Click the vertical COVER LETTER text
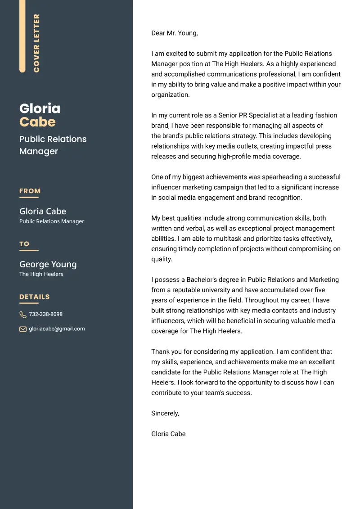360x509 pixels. coord(36,43)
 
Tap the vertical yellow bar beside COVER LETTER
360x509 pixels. coord(22,36)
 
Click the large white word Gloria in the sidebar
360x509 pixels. coord(40,108)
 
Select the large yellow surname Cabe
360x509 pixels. coord(37,122)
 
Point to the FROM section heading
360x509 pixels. coord(30,191)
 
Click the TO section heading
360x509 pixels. coord(24,244)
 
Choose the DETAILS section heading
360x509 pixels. coord(35,297)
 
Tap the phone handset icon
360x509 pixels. coord(23,314)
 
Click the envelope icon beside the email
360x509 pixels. coord(23,329)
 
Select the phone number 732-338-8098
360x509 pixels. coord(45,314)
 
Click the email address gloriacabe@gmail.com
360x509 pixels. coord(57,329)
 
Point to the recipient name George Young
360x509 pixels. coord(48,264)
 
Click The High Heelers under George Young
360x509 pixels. coord(41,274)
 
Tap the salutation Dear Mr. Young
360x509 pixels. coord(174,33)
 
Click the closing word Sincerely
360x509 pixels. coord(165,413)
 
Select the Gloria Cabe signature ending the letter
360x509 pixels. coord(168,434)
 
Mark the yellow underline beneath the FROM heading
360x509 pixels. coord(29,197)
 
